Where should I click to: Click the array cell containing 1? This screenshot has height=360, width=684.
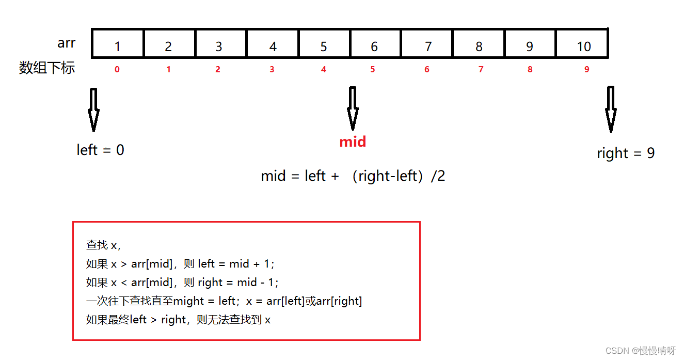tap(118, 44)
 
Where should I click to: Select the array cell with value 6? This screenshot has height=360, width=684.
tap(375, 44)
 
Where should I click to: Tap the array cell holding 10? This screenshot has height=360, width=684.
tap(582, 44)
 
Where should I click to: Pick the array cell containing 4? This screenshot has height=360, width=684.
tap(273, 44)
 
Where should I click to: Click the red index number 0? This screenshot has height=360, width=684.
tap(117, 69)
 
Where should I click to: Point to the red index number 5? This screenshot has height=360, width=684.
tap(373, 69)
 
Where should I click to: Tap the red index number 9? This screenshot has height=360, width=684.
tap(586, 69)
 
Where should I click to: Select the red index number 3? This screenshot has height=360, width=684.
tap(272, 69)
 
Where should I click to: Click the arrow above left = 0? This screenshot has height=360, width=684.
tap(93, 109)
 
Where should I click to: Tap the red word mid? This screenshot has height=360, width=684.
tap(353, 142)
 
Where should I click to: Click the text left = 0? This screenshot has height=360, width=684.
tap(100, 150)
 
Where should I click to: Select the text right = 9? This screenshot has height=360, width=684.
tap(626, 153)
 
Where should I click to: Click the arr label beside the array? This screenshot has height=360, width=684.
tap(67, 43)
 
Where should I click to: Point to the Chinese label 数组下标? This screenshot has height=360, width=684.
tap(47, 68)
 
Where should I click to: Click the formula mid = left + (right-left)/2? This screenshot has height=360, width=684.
tap(353, 176)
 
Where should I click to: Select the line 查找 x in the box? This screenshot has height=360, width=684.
tap(103, 245)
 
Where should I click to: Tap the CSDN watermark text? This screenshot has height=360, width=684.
tap(640, 351)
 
